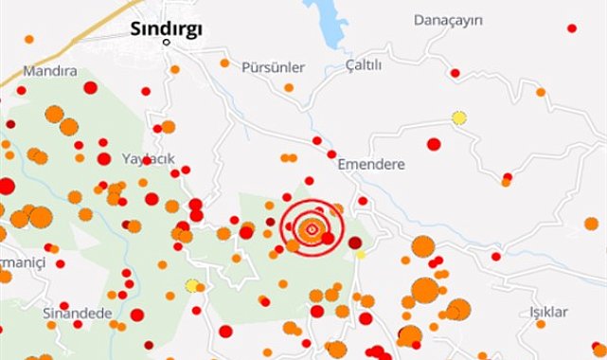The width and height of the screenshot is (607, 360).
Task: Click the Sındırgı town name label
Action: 166,28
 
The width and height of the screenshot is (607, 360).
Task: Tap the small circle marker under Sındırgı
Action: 167,43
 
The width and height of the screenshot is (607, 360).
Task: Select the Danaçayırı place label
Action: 449,20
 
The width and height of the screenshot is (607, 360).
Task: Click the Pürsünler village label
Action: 274,68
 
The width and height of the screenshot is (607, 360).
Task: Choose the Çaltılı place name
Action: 364,65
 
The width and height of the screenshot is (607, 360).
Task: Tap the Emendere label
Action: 371,164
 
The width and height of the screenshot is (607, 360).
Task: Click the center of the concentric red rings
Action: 312,228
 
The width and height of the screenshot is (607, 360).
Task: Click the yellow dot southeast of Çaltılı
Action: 459,117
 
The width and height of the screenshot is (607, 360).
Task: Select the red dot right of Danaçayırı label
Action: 571,28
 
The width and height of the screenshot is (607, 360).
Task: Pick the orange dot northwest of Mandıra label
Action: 28,40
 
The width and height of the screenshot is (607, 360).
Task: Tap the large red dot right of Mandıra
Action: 90,88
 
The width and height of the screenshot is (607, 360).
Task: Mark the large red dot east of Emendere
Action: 434,144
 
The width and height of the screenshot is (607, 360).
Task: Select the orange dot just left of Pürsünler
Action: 224,63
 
